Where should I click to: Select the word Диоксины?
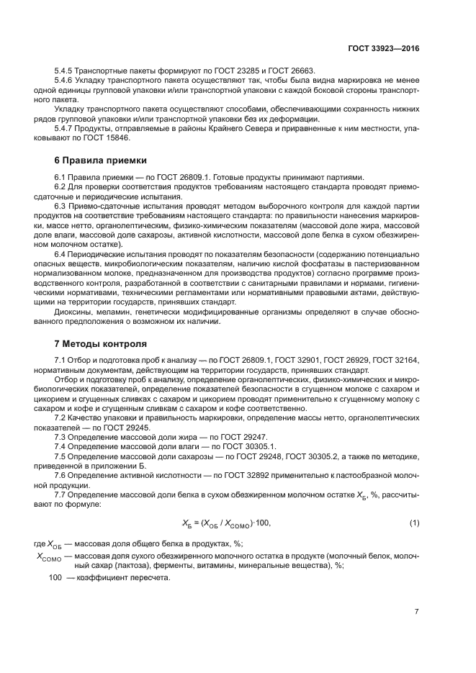(x=73, y=312)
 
